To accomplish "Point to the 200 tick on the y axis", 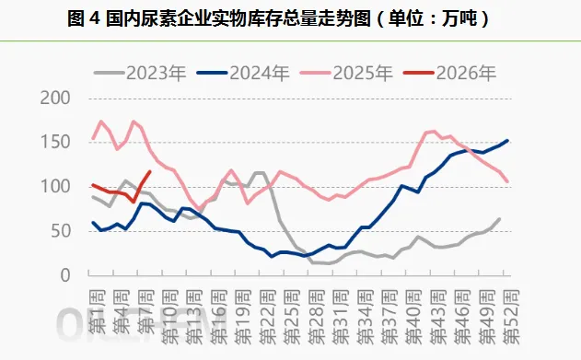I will pos(55,99).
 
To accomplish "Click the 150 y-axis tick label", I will pos(55,143).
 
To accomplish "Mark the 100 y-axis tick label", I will pos(55,187).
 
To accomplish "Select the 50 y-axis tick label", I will pos(61,231).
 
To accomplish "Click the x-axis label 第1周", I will pos(95,304).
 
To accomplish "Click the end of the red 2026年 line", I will pos(149,172).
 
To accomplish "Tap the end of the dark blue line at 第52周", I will pos(507,141).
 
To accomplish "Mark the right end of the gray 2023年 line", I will pos(499,219).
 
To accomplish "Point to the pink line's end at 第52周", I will pos(507,181).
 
